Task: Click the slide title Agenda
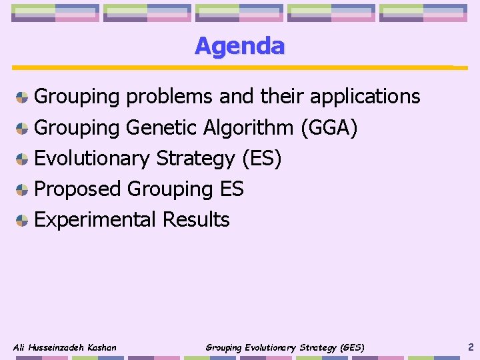point(239,46)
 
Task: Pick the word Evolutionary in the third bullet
point(91,158)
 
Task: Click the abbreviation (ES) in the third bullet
point(261,158)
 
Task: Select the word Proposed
point(77,189)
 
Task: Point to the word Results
point(196,219)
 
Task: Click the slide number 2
point(471,347)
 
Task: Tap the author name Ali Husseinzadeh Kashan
point(65,347)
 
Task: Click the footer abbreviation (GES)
point(353,347)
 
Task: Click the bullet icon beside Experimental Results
point(22,220)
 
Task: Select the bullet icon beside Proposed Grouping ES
point(22,189)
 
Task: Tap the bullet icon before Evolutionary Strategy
point(22,159)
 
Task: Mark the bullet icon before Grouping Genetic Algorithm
point(22,128)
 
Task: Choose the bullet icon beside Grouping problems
point(22,97)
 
